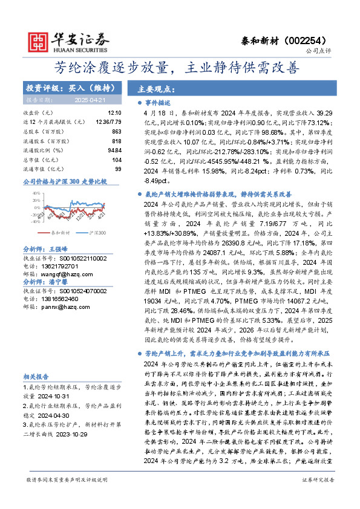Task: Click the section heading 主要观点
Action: pos(152,88)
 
